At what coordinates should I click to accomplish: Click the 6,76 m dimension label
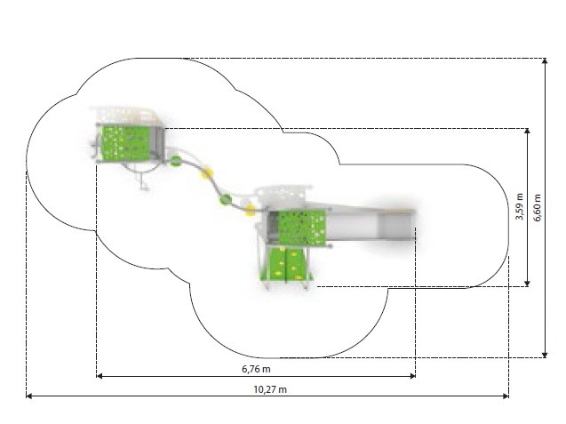[x=256, y=369]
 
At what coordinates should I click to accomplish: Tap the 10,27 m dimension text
[x=270, y=389]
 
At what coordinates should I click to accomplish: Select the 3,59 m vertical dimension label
[x=520, y=206]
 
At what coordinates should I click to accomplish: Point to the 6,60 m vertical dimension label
[x=538, y=208]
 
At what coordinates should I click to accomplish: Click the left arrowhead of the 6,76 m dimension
[x=100, y=376]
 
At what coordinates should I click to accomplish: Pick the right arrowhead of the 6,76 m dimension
[x=412, y=376]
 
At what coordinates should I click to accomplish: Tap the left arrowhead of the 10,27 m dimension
[x=29, y=396]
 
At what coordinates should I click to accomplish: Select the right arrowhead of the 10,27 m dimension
[x=506, y=396]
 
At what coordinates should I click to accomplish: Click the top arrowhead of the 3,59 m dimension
[x=527, y=132]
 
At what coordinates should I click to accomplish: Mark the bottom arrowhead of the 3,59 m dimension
[x=527, y=284]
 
